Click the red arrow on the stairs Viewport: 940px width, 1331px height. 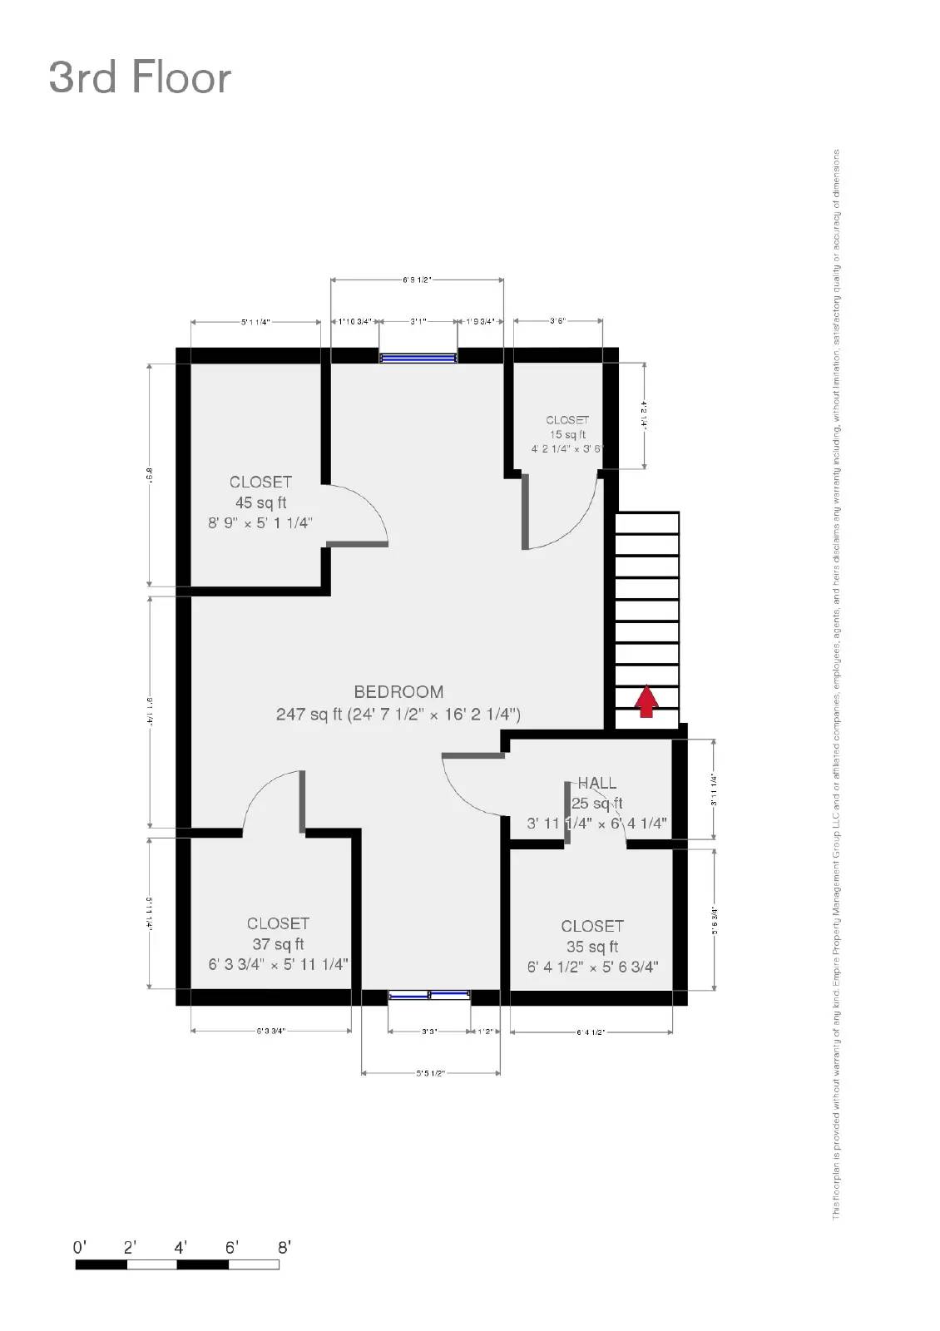[x=646, y=701]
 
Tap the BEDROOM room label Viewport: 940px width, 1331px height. [x=398, y=691]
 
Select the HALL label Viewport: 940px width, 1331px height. [x=597, y=783]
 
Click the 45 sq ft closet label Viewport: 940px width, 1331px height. [x=260, y=502]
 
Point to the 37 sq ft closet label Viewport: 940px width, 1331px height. [x=278, y=943]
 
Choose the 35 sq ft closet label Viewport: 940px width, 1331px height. [x=591, y=946]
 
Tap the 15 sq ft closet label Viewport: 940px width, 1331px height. [x=567, y=433]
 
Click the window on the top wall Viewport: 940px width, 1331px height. [x=418, y=358]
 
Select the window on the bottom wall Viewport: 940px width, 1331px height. [x=429, y=995]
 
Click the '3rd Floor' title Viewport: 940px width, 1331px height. [x=140, y=77]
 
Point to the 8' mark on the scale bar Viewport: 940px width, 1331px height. [x=284, y=1248]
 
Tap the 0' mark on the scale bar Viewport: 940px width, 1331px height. [x=79, y=1248]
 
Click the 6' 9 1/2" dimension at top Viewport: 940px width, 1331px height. [x=417, y=280]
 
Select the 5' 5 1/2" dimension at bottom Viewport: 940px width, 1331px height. [x=430, y=1073]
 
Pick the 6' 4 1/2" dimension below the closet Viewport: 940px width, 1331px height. [x=591, y=1032]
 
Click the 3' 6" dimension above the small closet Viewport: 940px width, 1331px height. [x=557, y=320]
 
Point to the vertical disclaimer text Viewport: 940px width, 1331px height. [x=836, y=682]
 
